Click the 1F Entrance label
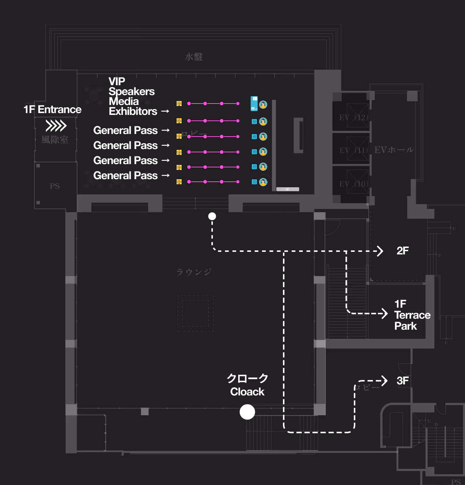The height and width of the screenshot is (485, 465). pyautogui.click(x=52, y=109)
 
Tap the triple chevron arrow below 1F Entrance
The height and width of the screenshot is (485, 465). pyautogui.click(x=56, y=126)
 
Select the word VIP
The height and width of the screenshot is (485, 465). pyautogui.click(x=117, y=81)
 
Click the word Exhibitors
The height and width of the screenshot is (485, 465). pyautogui.click(x=133, y=111)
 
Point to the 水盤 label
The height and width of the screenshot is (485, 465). pyautogui.click(x=194, y=57)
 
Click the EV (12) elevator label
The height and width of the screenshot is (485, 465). pyautogui.click(x=353, y=117)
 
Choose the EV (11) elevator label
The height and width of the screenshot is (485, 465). pyautogui.click(x=353, y=150)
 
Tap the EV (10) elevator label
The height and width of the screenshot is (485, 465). pyautogui.click(x=353, y=184)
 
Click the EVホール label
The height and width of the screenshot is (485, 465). pyautogui.click(x=394, y=150)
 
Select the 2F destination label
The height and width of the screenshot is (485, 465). pyautogui.click(x=403, y=251)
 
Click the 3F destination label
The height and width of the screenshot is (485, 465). pyautogui.click(x=403, y=381)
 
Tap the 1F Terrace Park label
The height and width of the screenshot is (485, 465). pyautogui.click(x=412, y=315)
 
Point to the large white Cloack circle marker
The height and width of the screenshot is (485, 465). pyautogui.click(x=247, y=412)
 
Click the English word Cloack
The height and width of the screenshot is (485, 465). pyautogui.click(x=247, y=392)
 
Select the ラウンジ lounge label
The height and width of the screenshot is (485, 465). pyautogui.click(x=194, y=272)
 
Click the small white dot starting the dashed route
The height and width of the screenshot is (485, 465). pyautogui.click(x=212, y=216)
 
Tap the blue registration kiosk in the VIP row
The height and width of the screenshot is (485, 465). pyautogui.click(x=254, y=104)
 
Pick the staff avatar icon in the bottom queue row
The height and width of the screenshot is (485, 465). pyautogui.click(x=263, y=182)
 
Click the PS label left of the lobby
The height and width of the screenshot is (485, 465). pyautogui.click(x=55, y=186)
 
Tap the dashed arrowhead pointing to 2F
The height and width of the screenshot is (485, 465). pyautogui.click(x=380, y=251)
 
